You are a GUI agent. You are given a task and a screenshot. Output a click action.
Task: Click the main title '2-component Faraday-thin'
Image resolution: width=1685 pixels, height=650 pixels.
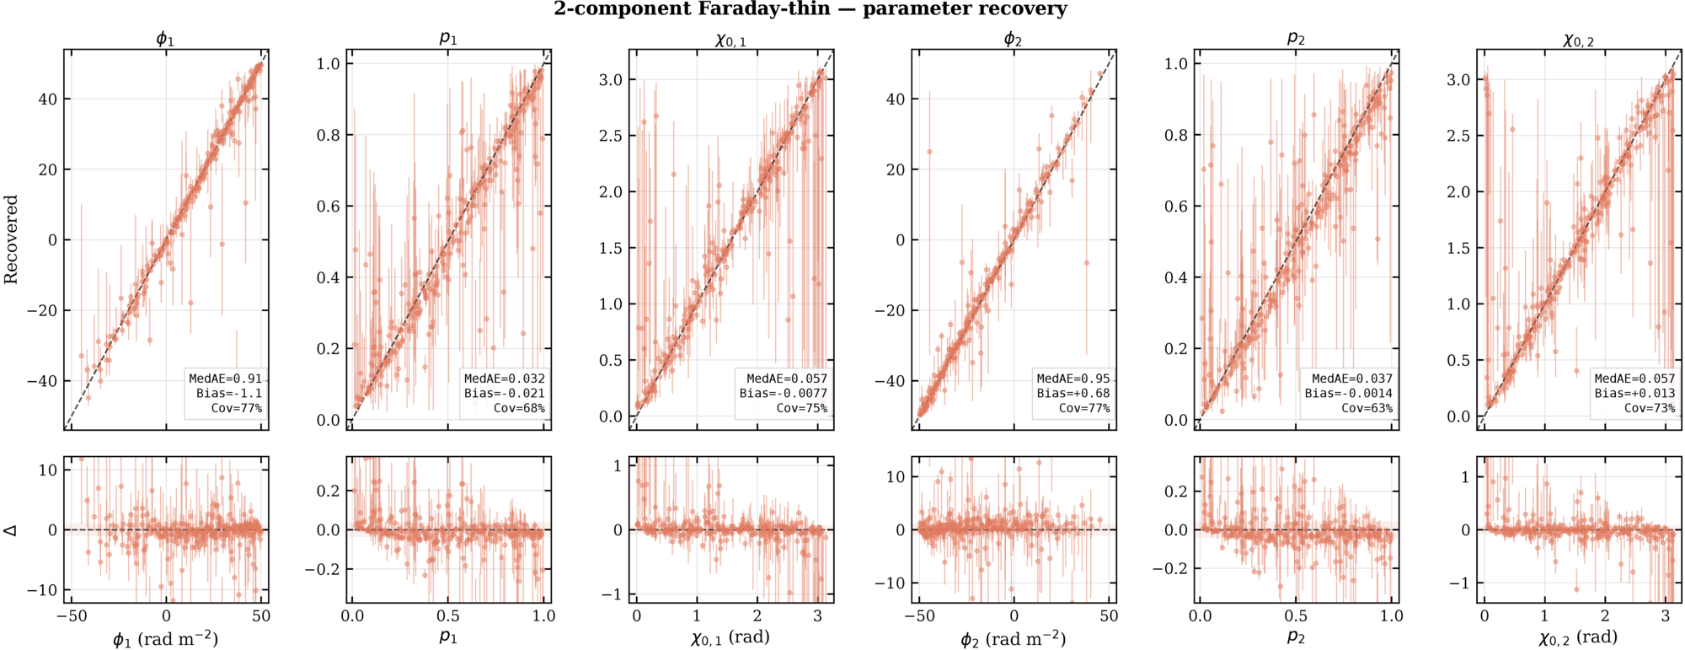(692, 9)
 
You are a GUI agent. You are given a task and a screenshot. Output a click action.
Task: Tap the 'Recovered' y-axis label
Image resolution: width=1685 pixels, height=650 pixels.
(11, 239)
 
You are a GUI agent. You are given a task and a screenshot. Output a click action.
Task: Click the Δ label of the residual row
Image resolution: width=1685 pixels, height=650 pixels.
(11, 530)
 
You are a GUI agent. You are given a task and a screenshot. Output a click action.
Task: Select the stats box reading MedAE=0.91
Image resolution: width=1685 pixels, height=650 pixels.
(225, 394)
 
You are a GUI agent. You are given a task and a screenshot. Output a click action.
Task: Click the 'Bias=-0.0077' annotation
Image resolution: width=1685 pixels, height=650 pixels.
(784, 394)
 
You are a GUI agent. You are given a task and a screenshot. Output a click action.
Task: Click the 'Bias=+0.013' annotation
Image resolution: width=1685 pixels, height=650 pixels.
(1634, 394)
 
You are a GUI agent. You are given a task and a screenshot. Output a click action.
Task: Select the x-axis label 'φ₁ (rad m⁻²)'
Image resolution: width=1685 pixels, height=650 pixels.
(166, 639)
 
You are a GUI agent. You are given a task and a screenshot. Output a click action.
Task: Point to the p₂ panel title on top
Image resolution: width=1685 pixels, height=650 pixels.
(1296, 39)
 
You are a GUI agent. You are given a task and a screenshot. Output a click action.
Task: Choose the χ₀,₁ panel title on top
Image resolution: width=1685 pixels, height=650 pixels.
(730, 40)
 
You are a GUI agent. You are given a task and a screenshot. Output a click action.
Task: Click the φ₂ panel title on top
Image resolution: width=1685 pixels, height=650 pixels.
(1014, 39)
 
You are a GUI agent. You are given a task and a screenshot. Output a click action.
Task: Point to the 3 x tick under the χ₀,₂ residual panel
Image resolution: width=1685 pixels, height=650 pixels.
(1665, 616)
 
